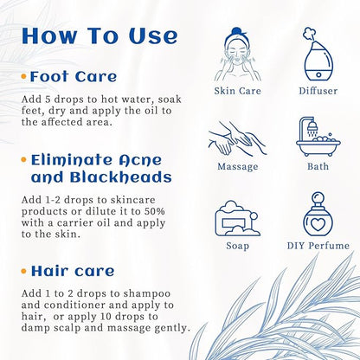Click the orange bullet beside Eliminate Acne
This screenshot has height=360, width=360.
(23, 160)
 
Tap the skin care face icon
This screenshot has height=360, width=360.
(236, 55)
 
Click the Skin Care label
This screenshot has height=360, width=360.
(236, 91)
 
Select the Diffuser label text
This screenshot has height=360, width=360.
(318, 91)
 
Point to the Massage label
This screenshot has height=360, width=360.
(236, 165)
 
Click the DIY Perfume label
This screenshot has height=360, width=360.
(318, 246)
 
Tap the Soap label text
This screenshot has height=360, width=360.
(236, 246)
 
